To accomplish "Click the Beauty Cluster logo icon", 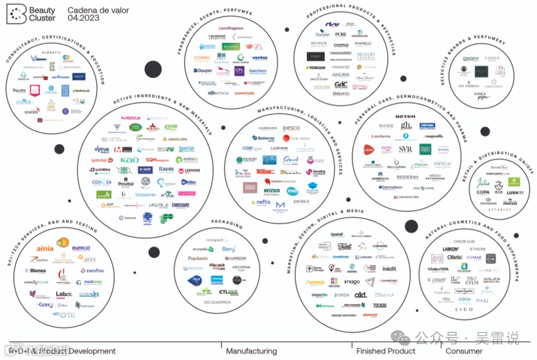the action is tap(16, 14).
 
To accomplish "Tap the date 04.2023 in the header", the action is tap(84, 18).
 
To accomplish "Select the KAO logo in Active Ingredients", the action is tap(130, 160).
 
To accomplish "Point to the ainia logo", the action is tap(45, 248).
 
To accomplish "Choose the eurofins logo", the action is tap(92, 271).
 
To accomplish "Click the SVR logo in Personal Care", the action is tap(405, 149).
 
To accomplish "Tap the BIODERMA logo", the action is tap(407, 177).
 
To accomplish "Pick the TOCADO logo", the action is tap(379, 305).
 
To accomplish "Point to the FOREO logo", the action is tap(492, 59).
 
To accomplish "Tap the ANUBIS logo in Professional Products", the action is tap(341, 75).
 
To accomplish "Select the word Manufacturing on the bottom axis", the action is tap(252, 351).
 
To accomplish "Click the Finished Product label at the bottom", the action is tap(385, 351).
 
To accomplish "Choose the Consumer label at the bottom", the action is tap(463, 351).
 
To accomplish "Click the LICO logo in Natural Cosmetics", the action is tap(464, 309).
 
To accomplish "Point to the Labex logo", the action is tap(64, 294).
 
